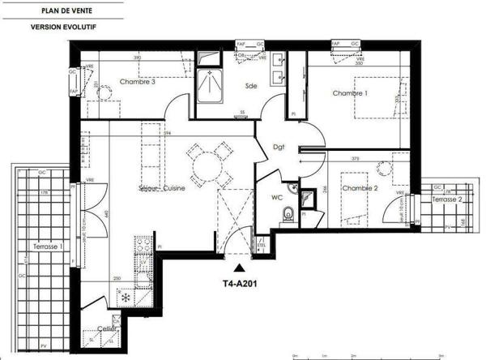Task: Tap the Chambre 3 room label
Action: click(138, 82)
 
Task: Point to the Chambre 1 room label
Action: click(351, 94)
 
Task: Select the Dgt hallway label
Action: click(279, 146)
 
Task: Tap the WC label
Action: click(276, 196)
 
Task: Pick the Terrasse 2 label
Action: click(446, 199)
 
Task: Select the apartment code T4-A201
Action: click(241, 284)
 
